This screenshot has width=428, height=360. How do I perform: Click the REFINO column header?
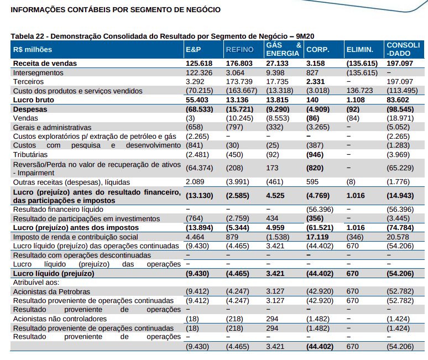pos(239,50)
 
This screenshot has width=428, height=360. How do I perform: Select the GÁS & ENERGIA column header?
pos(283,49)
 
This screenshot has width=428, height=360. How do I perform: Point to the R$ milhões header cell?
pos(33,50)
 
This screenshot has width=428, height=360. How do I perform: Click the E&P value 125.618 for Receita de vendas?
pos(200,64)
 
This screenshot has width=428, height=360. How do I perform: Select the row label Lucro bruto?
pos(33,100)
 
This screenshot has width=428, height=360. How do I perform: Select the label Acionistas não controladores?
pos(60,319)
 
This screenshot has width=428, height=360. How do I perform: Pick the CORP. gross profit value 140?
pos(313,100)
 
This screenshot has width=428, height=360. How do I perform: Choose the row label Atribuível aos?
pos(36,282)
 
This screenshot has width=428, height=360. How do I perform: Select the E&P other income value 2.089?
pos(196,182)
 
